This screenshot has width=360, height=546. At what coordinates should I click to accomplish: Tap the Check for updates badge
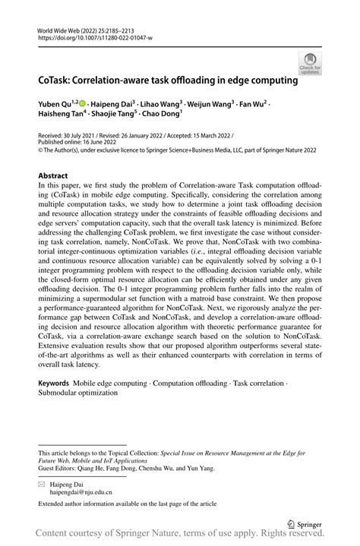pyautogui.click(x=311, y=64)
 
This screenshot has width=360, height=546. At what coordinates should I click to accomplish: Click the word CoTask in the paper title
pyautogui.click(x=58, y=78)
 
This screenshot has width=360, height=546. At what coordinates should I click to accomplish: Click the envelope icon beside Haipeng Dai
pyautogui.click(x=43, y=484)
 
